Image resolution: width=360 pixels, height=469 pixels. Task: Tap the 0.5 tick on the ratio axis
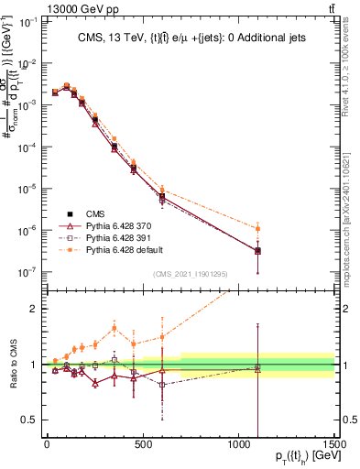tap(30, 420)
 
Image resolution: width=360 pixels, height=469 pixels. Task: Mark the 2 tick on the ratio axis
tap(34, 309)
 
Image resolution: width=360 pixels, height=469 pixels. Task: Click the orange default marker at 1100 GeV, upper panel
tap(258, 228)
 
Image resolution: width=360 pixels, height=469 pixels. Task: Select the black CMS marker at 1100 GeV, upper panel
tap(258, 250)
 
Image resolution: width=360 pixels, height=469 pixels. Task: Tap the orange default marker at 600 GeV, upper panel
tap(162, 190)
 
